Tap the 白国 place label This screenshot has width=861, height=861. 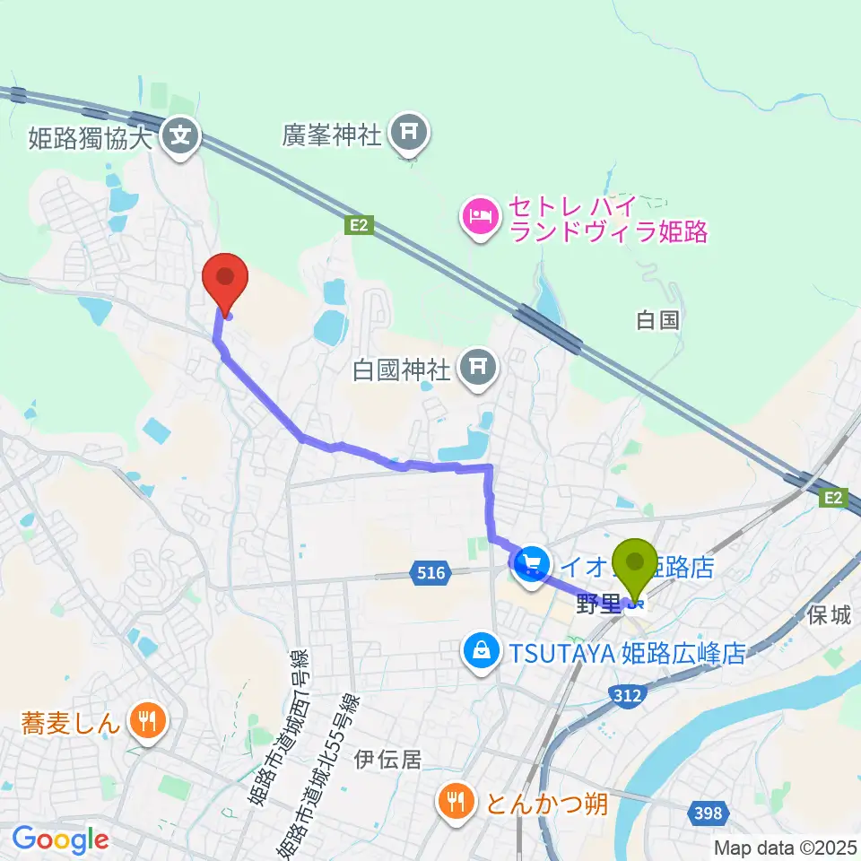657,320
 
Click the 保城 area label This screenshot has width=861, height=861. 827,616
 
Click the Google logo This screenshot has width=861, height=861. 60,839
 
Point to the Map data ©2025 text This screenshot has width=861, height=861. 786,847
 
